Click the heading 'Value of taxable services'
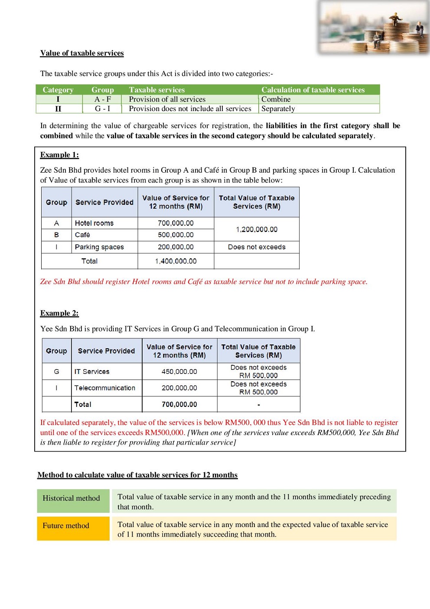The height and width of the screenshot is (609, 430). pyautogui.click(x=82, y=53)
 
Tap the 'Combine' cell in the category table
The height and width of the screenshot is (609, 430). pyautogui.click(x=276, y=99)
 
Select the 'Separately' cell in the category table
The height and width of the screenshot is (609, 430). pyautogui.click(x=278, y=109)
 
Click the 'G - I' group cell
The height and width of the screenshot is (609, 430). pyautogui.click(x=103, y=109)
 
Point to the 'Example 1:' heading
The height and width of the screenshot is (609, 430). pyautogui.click(x=59, y=155)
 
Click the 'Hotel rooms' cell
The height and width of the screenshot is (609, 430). pyautogui.click(x=94, y=223)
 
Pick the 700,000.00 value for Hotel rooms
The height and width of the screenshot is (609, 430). pyautogui.click(x=176, y=223)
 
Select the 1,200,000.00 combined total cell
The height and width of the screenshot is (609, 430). pyautogui.click(x=257, y=229)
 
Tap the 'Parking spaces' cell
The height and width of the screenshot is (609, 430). pyautogui.click(x=99, y=247)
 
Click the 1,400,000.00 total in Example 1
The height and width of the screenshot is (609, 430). pyautogui.click(x=176, y=261)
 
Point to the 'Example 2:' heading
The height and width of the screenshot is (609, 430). pyautogui.click(x=59, y=313)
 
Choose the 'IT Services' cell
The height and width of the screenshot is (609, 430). pyautogui.click(x=92, y=372)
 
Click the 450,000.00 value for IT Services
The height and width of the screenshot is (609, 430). pyautogui.click(x=179, y=372)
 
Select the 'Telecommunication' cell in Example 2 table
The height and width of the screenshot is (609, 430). pyautogui.click(x=104, y=388)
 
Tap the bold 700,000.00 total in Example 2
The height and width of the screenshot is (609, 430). pyautogui.click(x=179, y=404)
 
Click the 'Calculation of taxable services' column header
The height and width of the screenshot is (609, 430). pyautogui.click(x=313, y=90)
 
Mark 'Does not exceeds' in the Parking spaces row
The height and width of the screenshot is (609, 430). pyautogui.click(x=257, y=247)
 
